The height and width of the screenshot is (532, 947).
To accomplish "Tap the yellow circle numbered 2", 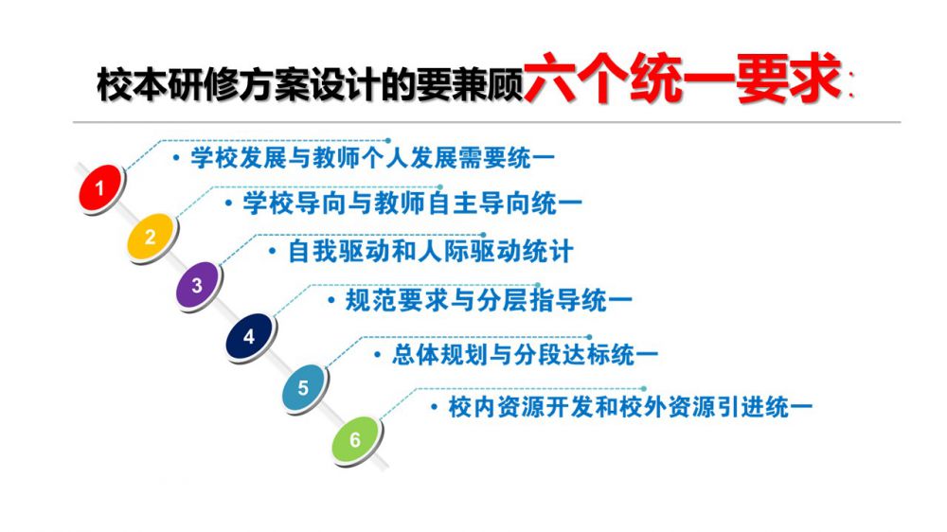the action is click(151, 236).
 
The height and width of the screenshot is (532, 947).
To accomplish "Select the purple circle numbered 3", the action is click(198, 284).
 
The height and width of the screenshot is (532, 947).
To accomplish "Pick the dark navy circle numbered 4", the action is click(249, 336).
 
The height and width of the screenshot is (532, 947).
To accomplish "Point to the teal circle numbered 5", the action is click(304, 387).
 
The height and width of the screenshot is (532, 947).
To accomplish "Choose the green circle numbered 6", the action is click(355, 439).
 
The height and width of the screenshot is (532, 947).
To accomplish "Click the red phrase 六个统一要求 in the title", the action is click(683, 79).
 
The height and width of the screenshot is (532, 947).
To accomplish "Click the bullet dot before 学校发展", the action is click(176, 159).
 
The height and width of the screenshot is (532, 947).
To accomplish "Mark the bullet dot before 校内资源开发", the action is click(435, 407).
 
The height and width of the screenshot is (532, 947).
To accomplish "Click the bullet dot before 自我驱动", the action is click(273, 252).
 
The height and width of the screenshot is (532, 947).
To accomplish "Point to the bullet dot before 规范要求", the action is click(331, 301).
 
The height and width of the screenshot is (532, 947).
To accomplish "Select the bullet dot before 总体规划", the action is click(378, 354).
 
